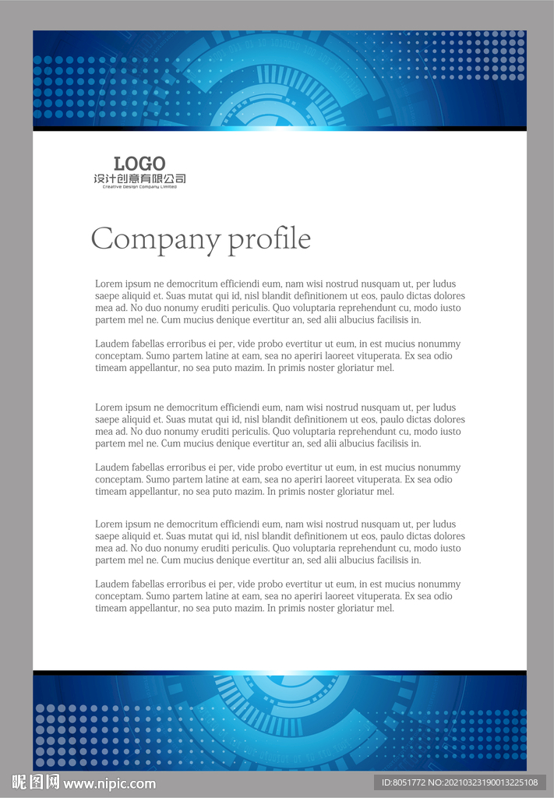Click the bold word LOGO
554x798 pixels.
coord(139,164)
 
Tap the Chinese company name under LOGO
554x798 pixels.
coord(139,178)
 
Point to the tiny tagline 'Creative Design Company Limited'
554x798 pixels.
coord(139,187)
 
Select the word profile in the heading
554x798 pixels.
coord(270,239)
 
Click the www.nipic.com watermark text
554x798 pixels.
coord(109,783)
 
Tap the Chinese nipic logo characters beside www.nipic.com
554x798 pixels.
coord(36,782)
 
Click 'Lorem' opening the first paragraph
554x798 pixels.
coord(108,284)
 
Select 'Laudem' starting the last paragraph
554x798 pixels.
coord(111,584)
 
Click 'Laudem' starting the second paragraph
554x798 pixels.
coord(111,344)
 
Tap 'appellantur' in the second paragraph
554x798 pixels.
coord(152,368)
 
